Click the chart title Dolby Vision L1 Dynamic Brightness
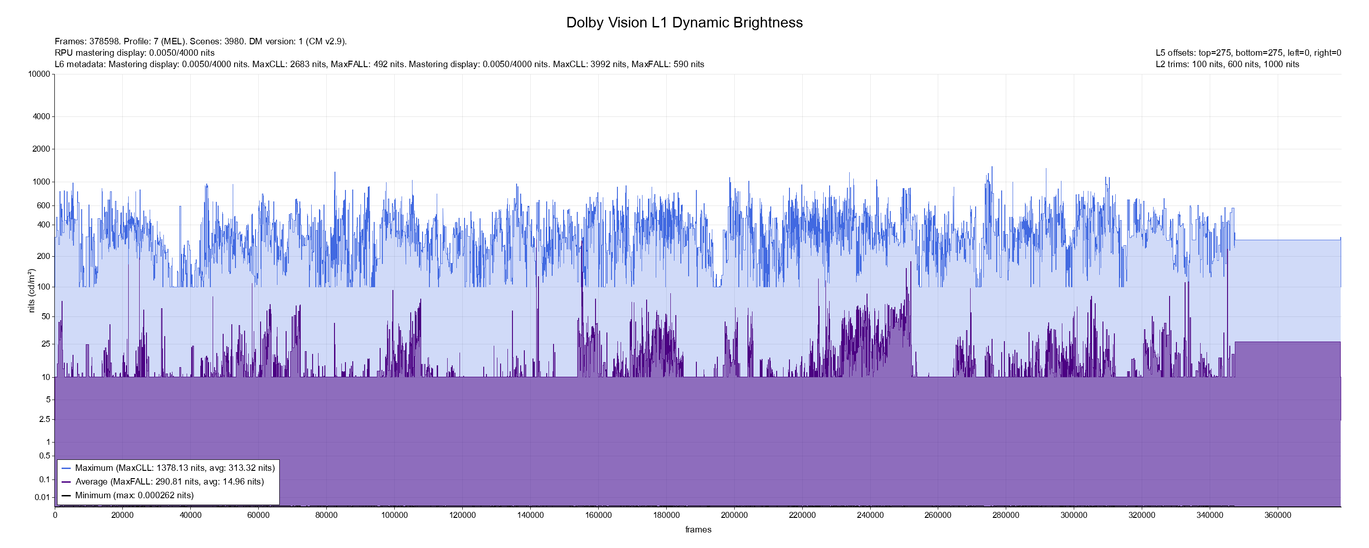(x=684, y=22)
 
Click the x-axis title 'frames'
(x=698, y=529)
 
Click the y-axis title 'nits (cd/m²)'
(x=31, y=290)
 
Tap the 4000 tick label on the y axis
(x=42, y=116)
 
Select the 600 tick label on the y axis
(x=43, y=205)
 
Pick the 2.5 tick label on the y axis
(x=45, y=419)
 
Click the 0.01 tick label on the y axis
(x=42, y=497)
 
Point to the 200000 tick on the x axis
(x=734, y=515)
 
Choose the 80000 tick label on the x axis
(x=326, y=515)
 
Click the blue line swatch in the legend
(x=67, y=468)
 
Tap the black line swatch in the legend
(x=67, y=495)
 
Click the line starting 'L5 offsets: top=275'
(x=1248, y=53)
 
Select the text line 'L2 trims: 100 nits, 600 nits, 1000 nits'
(x=1227, y=64)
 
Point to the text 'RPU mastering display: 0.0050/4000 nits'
(x=135, y=53)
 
